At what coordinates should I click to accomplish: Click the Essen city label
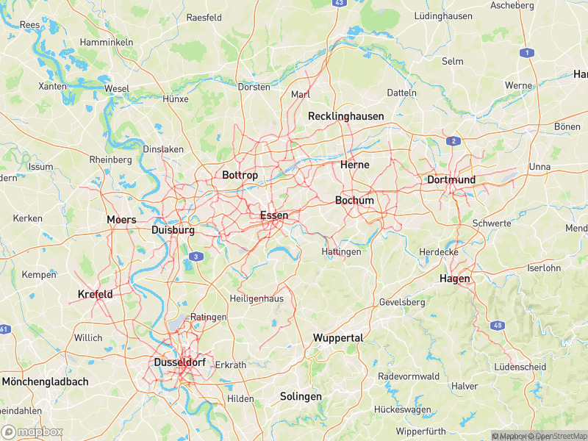click(273, 215)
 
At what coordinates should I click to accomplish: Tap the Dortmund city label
click(451, 180)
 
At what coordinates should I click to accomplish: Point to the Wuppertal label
click(338, 338)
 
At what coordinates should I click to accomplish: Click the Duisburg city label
click(173, 230)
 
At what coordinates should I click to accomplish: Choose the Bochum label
click(354, 201)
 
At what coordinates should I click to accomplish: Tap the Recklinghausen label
click(345, 116)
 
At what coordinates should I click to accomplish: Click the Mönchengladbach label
click(45, 382)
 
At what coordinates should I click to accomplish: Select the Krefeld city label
click(95, 295)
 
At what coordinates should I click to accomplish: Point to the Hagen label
click(454, 279)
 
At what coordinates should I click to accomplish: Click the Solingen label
click(301, 397)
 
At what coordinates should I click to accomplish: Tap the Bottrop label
click(240, 176)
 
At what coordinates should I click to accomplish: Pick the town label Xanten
click(52, 87)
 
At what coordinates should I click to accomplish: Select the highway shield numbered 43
click(338, 3)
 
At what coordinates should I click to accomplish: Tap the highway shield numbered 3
click(196, 257)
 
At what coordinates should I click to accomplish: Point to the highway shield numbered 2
click(454, 140)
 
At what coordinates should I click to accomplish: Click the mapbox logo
click(32, 431)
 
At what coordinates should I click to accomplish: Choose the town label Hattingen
click(342, 252)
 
